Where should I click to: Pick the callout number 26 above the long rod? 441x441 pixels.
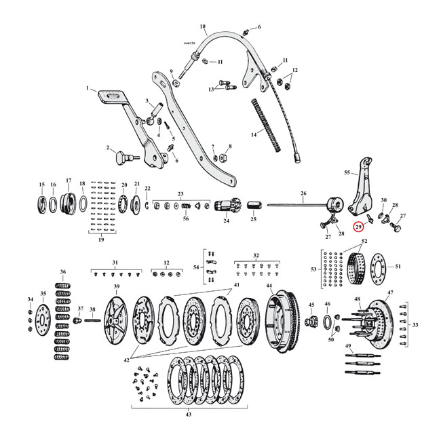click(303, 194)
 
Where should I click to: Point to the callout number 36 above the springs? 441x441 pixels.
click(63, 272)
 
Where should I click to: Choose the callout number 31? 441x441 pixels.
click(115, 262)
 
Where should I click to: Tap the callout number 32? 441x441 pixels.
click(256, 256)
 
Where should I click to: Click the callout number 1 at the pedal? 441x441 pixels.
click(88, 88)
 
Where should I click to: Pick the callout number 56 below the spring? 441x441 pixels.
click(186, 217)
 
